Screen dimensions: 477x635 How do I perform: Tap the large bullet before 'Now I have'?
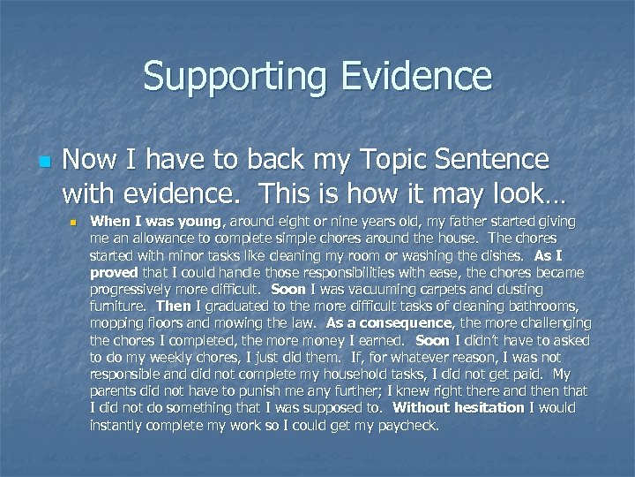45,163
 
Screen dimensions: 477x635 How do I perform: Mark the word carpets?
425,289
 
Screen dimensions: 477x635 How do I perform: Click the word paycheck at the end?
406,424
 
